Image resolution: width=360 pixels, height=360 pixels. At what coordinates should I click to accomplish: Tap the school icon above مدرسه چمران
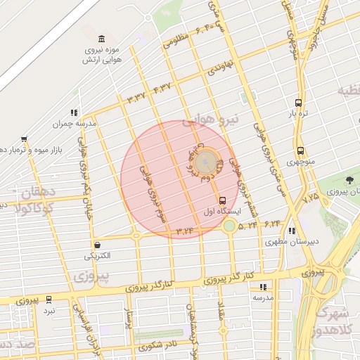coord(74,112)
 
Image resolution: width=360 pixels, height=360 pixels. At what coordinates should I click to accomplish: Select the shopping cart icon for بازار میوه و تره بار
coord(24,139)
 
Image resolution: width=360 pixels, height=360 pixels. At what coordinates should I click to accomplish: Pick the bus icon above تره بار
coord(299,102)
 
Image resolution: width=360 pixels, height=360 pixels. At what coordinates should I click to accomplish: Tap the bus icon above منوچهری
coord(300,150)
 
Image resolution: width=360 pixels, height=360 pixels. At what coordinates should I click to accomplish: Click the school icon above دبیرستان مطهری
coord(292,231)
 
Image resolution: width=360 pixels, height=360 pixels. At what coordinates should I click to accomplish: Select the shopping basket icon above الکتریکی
coord(96,245)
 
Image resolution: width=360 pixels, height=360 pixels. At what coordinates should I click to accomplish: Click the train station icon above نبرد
coord(49,299)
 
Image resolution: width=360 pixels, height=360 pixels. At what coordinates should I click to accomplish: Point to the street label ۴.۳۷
coord(162,88)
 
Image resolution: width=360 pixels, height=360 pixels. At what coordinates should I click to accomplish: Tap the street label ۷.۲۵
coord(310,199)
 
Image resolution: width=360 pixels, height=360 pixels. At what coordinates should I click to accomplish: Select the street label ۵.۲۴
coord(247,226)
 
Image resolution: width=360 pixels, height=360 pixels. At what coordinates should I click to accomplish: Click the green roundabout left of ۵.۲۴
coord(229,226)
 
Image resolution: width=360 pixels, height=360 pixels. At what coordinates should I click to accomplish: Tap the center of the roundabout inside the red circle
coord(205,162)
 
